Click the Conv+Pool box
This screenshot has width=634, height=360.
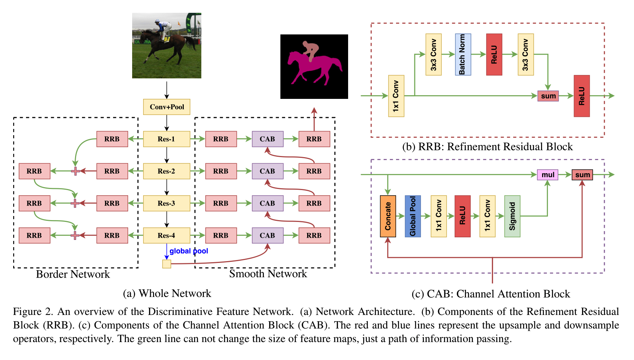click(167, 107)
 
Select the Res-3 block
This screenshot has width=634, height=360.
click(167, 203)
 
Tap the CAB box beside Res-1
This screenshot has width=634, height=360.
click(268, 139)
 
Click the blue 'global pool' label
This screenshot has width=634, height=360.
click(189, 251)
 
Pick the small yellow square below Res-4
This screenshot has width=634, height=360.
click(167, 264)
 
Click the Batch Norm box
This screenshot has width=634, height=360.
click(463, 55)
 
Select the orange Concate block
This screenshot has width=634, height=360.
click(388, 216)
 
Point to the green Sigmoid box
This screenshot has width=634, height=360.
click(512, 216)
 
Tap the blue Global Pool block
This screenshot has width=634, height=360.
click(413, 216)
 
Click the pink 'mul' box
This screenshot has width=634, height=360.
click(548, 175)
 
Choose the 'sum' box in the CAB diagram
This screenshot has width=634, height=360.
click(582, 175)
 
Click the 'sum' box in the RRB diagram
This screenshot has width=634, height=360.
click(548, 96)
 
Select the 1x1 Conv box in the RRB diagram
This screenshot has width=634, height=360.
click(396, 96)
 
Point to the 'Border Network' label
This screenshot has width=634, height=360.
click(73, 274)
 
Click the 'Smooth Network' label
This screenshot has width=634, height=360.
click(268, 274)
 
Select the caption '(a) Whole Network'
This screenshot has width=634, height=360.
click(167, 293)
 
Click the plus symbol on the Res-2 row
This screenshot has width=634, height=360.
click(75, 171)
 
